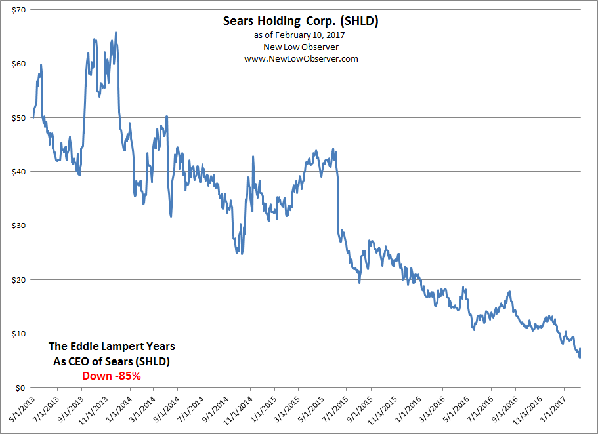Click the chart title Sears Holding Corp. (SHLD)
(x=301, y=22)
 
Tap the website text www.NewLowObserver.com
(x=301, y=58)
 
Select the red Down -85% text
(x=112, y=376)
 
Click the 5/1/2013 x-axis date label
(x=20, y=409)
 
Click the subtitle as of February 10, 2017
(x=301, y=35)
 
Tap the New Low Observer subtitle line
(x=301, y=47)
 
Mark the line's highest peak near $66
(x=116, y=32)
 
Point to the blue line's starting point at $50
(x=32, y=117)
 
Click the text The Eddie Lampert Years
(x=112, y=345)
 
